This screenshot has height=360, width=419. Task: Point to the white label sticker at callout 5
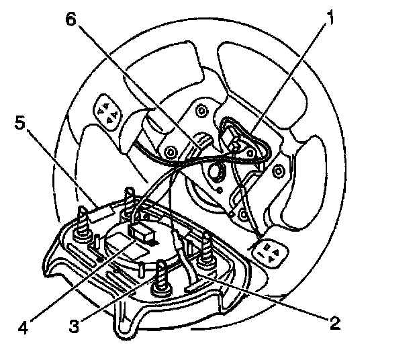[x=97, y=213]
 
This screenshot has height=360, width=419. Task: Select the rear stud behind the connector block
[x=130, y=204]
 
